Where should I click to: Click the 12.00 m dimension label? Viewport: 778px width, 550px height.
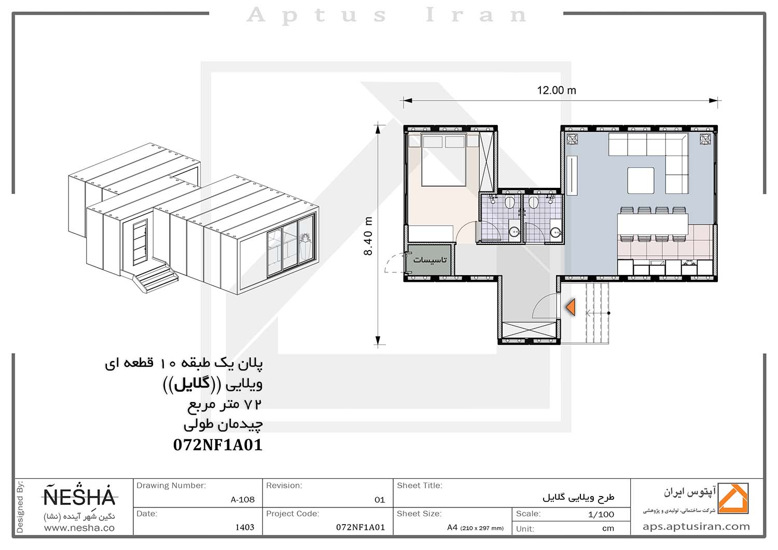pos(557,90)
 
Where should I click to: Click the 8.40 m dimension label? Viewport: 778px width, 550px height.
pos(368,236)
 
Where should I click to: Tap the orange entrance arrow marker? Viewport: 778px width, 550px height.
pos(571,308)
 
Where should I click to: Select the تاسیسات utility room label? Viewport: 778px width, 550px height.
pos(429,259)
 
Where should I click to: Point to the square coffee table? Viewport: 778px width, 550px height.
pos(641,181)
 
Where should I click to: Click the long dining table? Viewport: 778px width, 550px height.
pos(652,224)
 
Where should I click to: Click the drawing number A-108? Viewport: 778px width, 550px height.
pos(242,500)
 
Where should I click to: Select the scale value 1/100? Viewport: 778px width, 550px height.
pos(601,514)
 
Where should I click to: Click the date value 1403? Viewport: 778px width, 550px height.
pos(245,527)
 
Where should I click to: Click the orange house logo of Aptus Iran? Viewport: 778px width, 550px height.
pos(733,498)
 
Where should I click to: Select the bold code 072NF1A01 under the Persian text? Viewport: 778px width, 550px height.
pos(218,445)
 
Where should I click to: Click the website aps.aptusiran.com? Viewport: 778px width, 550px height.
pos(696,527)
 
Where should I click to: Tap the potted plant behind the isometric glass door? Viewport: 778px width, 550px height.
pos(305,244)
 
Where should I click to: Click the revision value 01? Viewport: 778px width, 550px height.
pos(380,500)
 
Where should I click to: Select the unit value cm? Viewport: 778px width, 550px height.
pos(608,528)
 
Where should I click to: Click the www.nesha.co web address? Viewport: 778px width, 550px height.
pos(79,528)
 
